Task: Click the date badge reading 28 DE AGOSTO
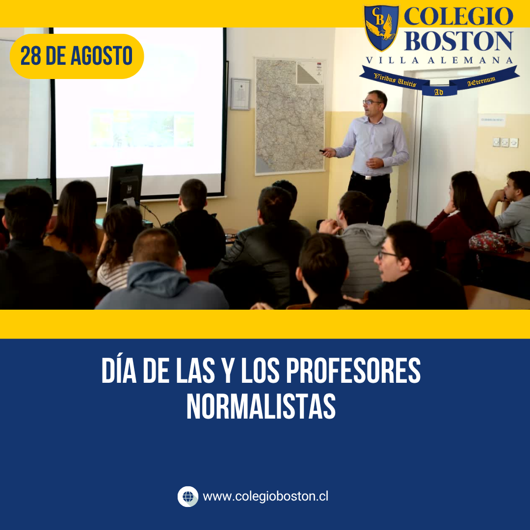coord(77,56)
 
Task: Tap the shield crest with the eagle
coord(381,27)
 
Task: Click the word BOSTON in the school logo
coord(459,41)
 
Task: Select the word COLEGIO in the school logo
coord(459,16)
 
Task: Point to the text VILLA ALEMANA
coord(439,60)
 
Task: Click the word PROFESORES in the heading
coord(353,370)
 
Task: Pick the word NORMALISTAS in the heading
coord(261,406)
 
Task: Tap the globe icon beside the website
coord(188,497)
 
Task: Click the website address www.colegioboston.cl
coord(265,497)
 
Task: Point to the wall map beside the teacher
coord(290,117)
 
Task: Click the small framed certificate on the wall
coord(240,94)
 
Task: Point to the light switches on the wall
coord(505,142)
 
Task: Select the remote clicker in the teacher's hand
coord(322,151)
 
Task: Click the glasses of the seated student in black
coord(387,255)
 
